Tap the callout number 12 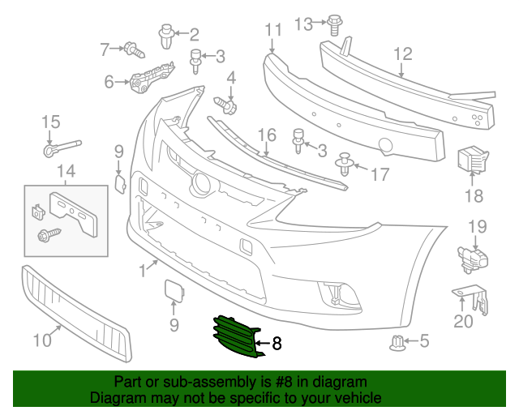pyautogui.click(x=403, y=54)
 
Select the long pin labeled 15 pyautogui.click(x=62, y=148)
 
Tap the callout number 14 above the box pyautogui.click(x=66, y=170)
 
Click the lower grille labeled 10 pyautogui.click(x=75, y=311)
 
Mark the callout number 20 pyautogui.click(x=462, y=322)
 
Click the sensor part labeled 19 pyautogui.click(x=473, y=257)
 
